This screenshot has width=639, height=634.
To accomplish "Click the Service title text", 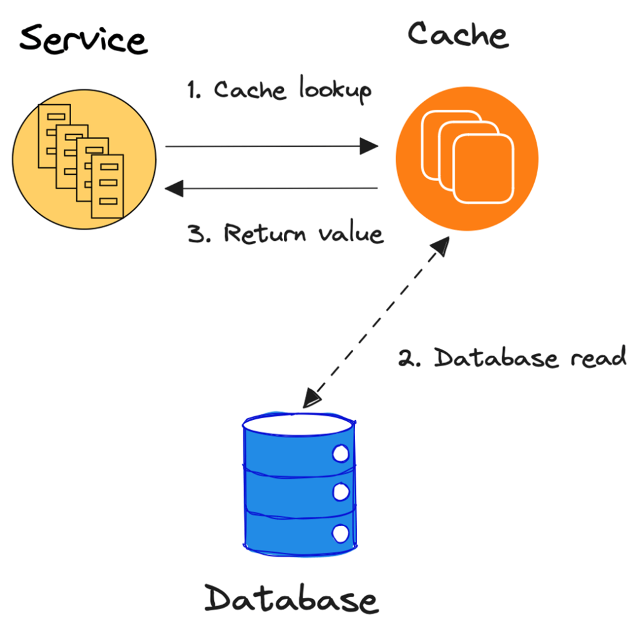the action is click(x=84, y=39).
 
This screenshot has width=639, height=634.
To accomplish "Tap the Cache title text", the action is click(x=458, y=35).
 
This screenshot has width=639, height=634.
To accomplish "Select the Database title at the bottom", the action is click(x=291, y=598).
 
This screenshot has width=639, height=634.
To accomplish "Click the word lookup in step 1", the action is click(x=335, y=90).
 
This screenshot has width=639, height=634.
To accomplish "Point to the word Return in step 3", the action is click(x=265, y=233).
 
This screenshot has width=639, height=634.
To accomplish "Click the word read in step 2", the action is click(x=598, y=357).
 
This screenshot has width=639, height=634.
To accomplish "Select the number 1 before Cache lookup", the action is click(x=192, y=90).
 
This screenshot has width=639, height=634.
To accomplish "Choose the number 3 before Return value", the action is click(x=196, y=234).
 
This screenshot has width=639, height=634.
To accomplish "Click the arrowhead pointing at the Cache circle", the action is click(x=369, y=146).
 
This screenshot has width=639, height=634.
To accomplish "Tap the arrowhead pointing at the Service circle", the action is click(x=174, y=188).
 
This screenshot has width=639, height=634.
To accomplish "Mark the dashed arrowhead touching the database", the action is click(x=312, y=398).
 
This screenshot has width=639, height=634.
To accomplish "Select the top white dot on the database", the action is click(x=341, y=454).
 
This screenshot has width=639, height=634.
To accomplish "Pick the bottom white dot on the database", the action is click(x=341, y=534).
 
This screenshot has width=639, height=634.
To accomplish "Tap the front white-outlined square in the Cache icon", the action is click(x=484, y=168).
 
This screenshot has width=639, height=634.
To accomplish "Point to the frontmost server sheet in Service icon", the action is click(x=107, y=186).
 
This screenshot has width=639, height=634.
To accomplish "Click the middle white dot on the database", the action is click(x=341, y=492).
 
